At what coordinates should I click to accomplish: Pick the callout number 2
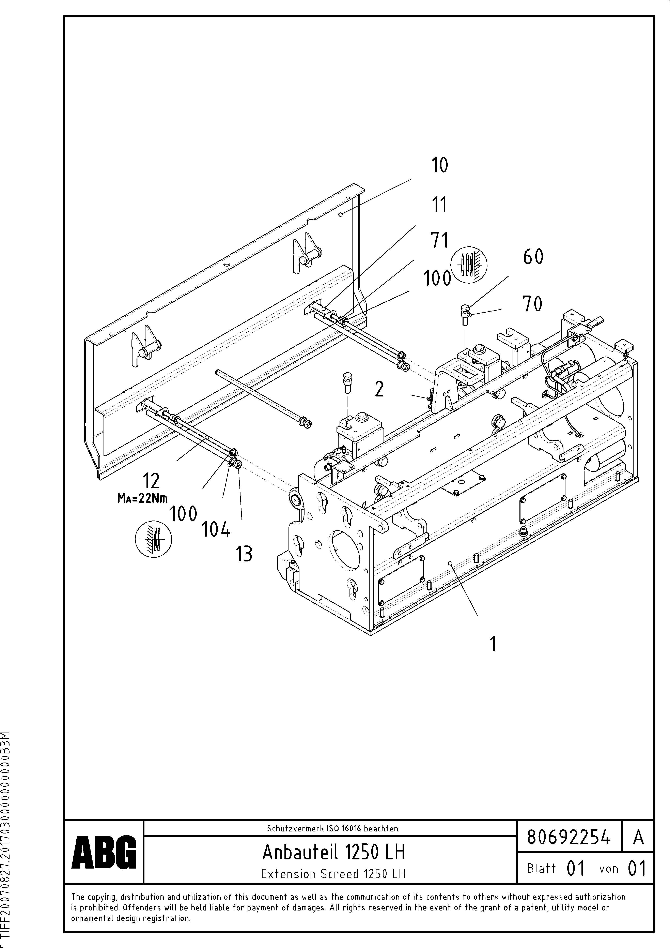379,389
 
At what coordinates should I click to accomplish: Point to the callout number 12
151,481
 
